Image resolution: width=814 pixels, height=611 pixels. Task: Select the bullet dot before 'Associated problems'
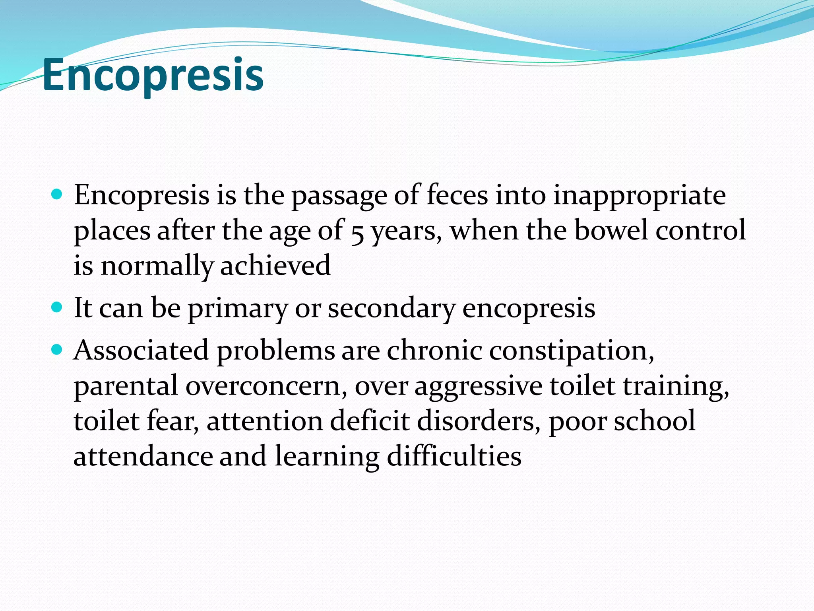[x=57, y=350]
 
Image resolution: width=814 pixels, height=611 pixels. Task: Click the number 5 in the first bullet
[x=358, y=232]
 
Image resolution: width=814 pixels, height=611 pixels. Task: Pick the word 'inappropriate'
[x=640, y=196]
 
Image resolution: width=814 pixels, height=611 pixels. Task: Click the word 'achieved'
[x=275, y=265]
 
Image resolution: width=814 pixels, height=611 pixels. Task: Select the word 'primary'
[x=237, y=309]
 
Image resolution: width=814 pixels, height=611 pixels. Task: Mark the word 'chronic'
[x=434, y=350]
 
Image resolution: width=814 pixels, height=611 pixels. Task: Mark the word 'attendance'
[x=143, y=456]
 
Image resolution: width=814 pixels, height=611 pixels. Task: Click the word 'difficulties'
[x=454, y=456]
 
